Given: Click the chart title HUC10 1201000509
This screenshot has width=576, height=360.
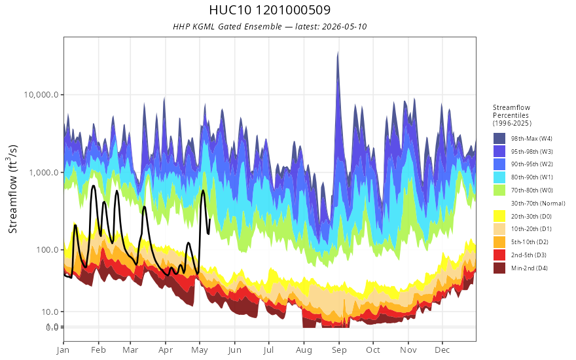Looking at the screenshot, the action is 270,10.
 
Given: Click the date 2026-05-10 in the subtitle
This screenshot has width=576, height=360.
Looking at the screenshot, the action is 344,27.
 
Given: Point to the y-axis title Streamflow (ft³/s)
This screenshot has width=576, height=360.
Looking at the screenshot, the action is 12,189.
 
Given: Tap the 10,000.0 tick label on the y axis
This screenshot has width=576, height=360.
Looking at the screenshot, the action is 41,95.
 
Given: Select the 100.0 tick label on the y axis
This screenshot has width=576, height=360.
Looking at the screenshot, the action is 47,250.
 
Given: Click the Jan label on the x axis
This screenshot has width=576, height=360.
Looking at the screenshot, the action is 63,350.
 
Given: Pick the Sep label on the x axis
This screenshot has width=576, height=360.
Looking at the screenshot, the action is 338,350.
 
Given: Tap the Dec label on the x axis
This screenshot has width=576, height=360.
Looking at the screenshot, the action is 442,350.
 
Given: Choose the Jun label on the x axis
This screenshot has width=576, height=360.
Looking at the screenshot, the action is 234,350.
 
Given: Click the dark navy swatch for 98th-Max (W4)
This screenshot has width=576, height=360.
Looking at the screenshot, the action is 499,139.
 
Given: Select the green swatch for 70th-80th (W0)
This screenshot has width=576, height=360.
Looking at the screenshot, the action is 499,190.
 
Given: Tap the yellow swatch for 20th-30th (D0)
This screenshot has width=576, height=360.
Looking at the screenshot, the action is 499,216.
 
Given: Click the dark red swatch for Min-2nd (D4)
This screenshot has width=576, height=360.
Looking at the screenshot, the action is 499,268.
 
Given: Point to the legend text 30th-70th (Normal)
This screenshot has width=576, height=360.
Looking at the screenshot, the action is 538,203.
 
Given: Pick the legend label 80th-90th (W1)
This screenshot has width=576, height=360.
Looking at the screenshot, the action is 531,177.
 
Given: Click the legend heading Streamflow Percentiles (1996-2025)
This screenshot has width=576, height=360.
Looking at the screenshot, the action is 512,115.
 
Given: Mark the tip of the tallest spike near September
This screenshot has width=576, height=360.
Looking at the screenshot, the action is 338,52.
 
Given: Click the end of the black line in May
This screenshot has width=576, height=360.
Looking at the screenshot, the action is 209,219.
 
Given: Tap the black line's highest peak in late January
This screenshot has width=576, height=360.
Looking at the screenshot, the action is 94,186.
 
